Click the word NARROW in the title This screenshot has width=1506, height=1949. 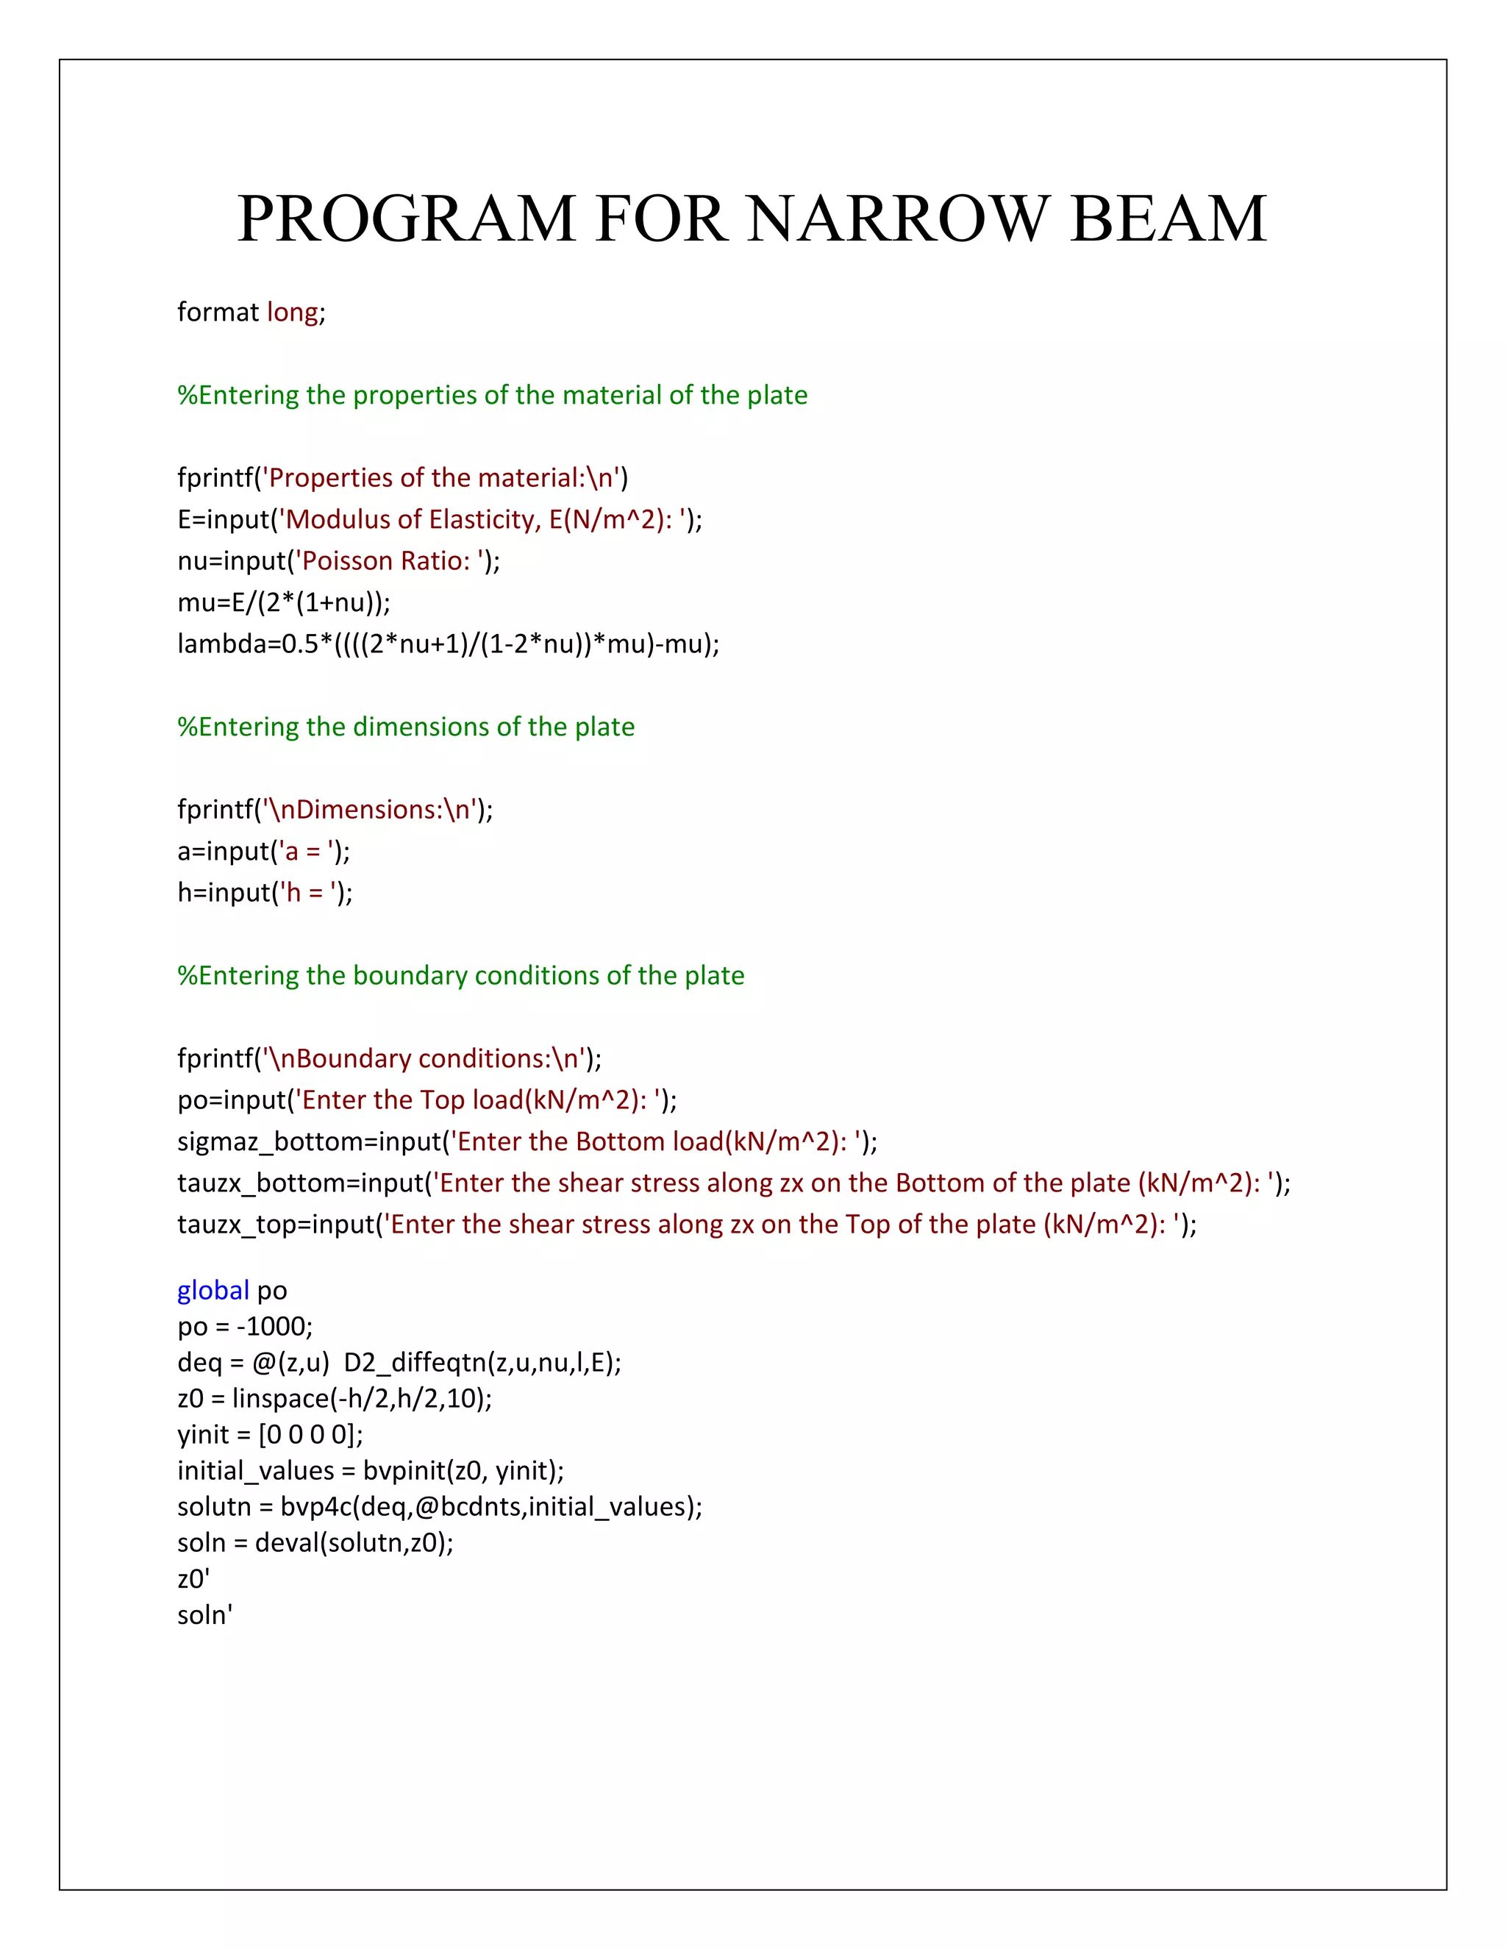[x=899, y=218]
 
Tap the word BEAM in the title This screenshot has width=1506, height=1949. [x=1168, y=218]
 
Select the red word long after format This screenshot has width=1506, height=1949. [x=292, y=313]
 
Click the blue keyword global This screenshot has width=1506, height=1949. [x=213, y=1291]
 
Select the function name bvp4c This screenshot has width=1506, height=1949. [x=317, y=1507]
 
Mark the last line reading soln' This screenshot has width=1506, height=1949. [x=205, y=1615]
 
